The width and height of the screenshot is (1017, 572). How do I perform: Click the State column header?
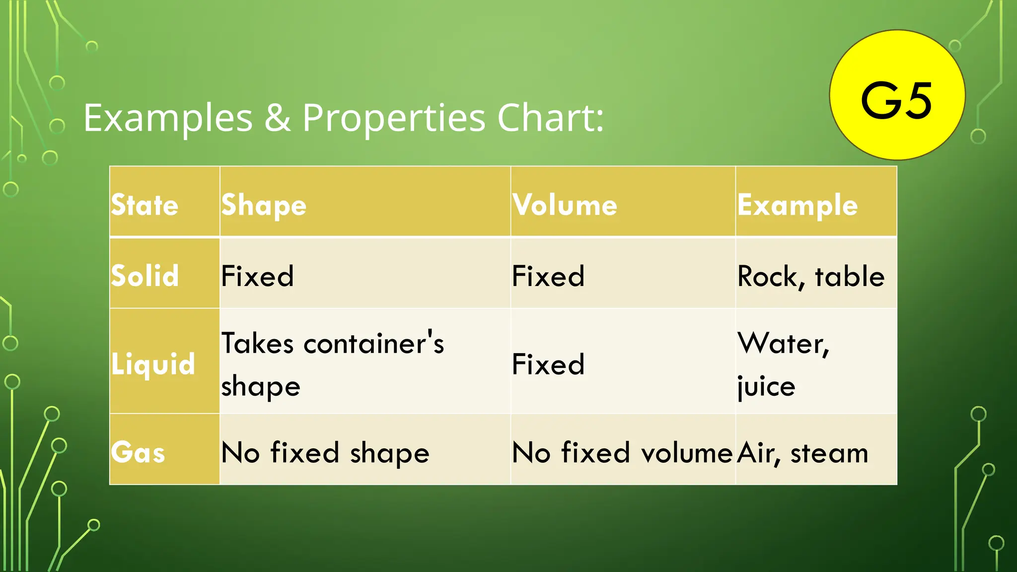pyautogui.click(x=145, y=205)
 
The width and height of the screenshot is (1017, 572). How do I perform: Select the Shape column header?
pyautogui.click(x=264, y=205)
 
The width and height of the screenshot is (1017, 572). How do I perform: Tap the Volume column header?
pyautogui.click(x=565, y=205)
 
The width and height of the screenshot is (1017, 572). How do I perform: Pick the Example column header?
pyautogui.click(x=798, y=205)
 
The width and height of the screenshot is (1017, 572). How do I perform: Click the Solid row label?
pyautogui.click(x=145, y=276)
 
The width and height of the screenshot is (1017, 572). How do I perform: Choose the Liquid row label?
pyautogui.click(x=153, y=363)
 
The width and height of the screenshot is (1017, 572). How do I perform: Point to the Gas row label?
pyautogui.click(x=138, y=452)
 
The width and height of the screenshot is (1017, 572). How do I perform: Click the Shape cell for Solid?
pyautogui.click(x=257, y=276)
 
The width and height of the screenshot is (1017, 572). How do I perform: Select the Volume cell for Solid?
pyautogui.click(x=548, y=276)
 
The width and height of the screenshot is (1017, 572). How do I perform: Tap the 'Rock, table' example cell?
pyautogui.click(x=811, y=276)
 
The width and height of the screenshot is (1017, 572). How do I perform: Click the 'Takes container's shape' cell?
pyautogui.click(x=332, y=363)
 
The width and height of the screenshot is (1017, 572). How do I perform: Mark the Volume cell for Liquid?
pyautogui.click(x=548, y=363)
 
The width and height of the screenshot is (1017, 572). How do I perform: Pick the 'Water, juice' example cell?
pyautogui.click(x=783, y=363)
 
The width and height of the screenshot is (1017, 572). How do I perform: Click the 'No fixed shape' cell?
pyautogui.click(x=325, y=452)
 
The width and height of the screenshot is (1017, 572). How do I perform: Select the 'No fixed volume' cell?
pyautogui.click(x=622, y=452)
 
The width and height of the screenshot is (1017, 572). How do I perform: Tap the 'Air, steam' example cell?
pyautogui.click(x=803, y=452)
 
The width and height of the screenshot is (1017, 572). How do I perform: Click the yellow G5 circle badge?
pyautogui.click(x=897, y=95)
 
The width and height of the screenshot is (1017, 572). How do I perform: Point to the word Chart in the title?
pyautogui.click(x=550, y=118)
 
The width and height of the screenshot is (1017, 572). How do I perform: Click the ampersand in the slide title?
pyautogui.click(x=278, y=118)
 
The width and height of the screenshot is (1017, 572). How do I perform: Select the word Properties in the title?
pyautogui.click(x=394, y=118)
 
